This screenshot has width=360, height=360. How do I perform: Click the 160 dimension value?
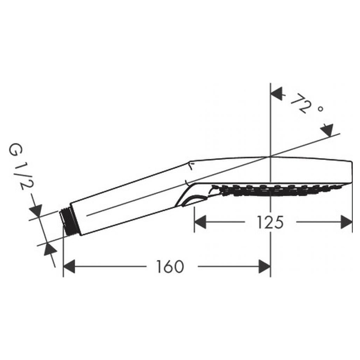[170, 266]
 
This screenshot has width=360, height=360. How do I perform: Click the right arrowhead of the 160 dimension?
[264, 266]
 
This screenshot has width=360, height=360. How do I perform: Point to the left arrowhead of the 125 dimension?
[200, 222]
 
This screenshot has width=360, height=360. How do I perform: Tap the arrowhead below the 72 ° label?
[327, 130]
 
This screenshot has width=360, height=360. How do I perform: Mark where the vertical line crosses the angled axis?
[271, 156]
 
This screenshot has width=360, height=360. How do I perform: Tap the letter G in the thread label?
[15, 150]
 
